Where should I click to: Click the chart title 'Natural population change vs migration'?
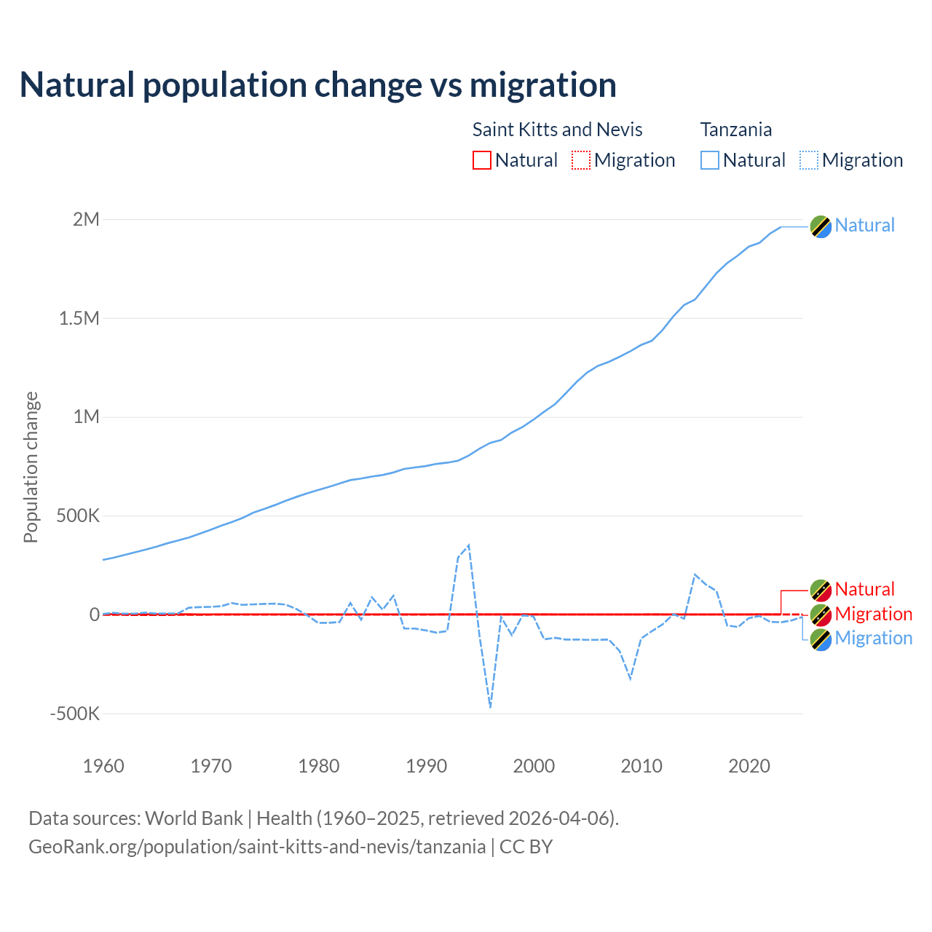(318, 85)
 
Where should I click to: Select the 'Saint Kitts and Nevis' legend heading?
(557, 130)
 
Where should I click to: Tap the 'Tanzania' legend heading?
(735, 130)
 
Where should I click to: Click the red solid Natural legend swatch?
(482, 160)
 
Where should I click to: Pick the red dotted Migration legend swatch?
(581, 160)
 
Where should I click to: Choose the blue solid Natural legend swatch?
(710, 160)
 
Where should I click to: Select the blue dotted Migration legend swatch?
(809, 160)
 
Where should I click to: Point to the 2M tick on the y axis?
(86, 219)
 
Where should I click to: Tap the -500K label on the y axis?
(74, 714)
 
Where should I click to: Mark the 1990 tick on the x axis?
(427, 766)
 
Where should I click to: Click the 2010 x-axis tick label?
(641, 766)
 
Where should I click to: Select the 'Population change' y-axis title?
(31, 467)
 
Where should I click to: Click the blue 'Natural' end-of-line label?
(864, 226)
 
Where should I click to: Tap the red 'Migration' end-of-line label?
(873, 614)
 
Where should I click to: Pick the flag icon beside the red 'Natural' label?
(821, 590)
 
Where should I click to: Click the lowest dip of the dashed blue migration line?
(491, 706)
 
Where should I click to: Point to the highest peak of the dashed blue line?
(469, 545)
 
